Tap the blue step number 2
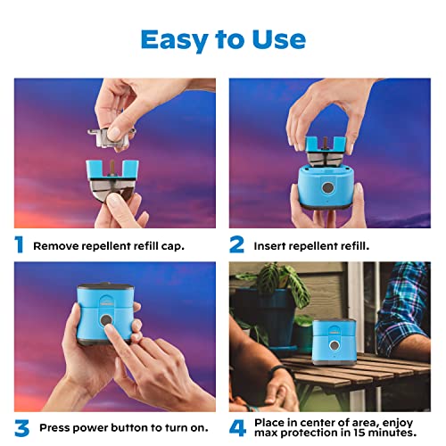pos(236,244)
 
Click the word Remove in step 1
pos(55,245)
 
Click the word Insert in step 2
pos(270,245)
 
